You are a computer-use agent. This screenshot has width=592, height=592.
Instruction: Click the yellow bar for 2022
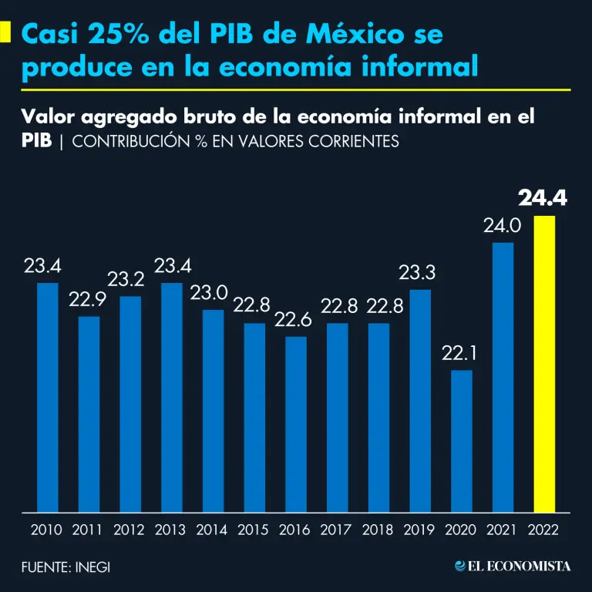pyautogui.click(x=544, y=363)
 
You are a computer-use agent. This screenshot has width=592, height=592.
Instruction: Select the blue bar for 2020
pyautogui.click(x=462, y=440)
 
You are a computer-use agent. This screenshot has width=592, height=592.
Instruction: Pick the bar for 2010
pyautogui.click(x=48, y=396)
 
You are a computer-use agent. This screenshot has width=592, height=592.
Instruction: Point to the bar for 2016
pyautogui.click(x=296, y=423)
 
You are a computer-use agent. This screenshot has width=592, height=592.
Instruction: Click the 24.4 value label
pyautogui.click(x=543, y=198)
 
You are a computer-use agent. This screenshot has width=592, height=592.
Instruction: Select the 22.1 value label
pyautogui.click(x=461, y=354)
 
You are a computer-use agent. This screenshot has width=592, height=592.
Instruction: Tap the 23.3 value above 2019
pyautogui.click(x=420, y=272)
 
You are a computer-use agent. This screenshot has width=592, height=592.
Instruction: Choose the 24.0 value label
pyautogui.click(x=503, y=226)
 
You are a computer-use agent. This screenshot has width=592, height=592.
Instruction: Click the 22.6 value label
pyautogui.click(x=296, y=320)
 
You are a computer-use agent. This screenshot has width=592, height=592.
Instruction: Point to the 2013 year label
pyautogui.click(x=171, y=530)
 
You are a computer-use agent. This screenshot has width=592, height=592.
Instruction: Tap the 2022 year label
pyautogui.click(x=543, y=530)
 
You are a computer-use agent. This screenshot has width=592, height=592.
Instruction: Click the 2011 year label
pyautogui.click(x=89, y=530)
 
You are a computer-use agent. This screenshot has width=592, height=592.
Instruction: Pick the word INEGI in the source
pyautogui.click(x=93, y=567)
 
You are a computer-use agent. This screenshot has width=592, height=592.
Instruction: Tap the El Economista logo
pyautogui.click(x=513, y=567)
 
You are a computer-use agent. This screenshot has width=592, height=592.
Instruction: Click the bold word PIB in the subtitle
pyautogui.click(x=37, y=142)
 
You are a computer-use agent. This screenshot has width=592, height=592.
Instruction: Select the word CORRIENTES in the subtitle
pyautogui.click(x=352, y=142)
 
